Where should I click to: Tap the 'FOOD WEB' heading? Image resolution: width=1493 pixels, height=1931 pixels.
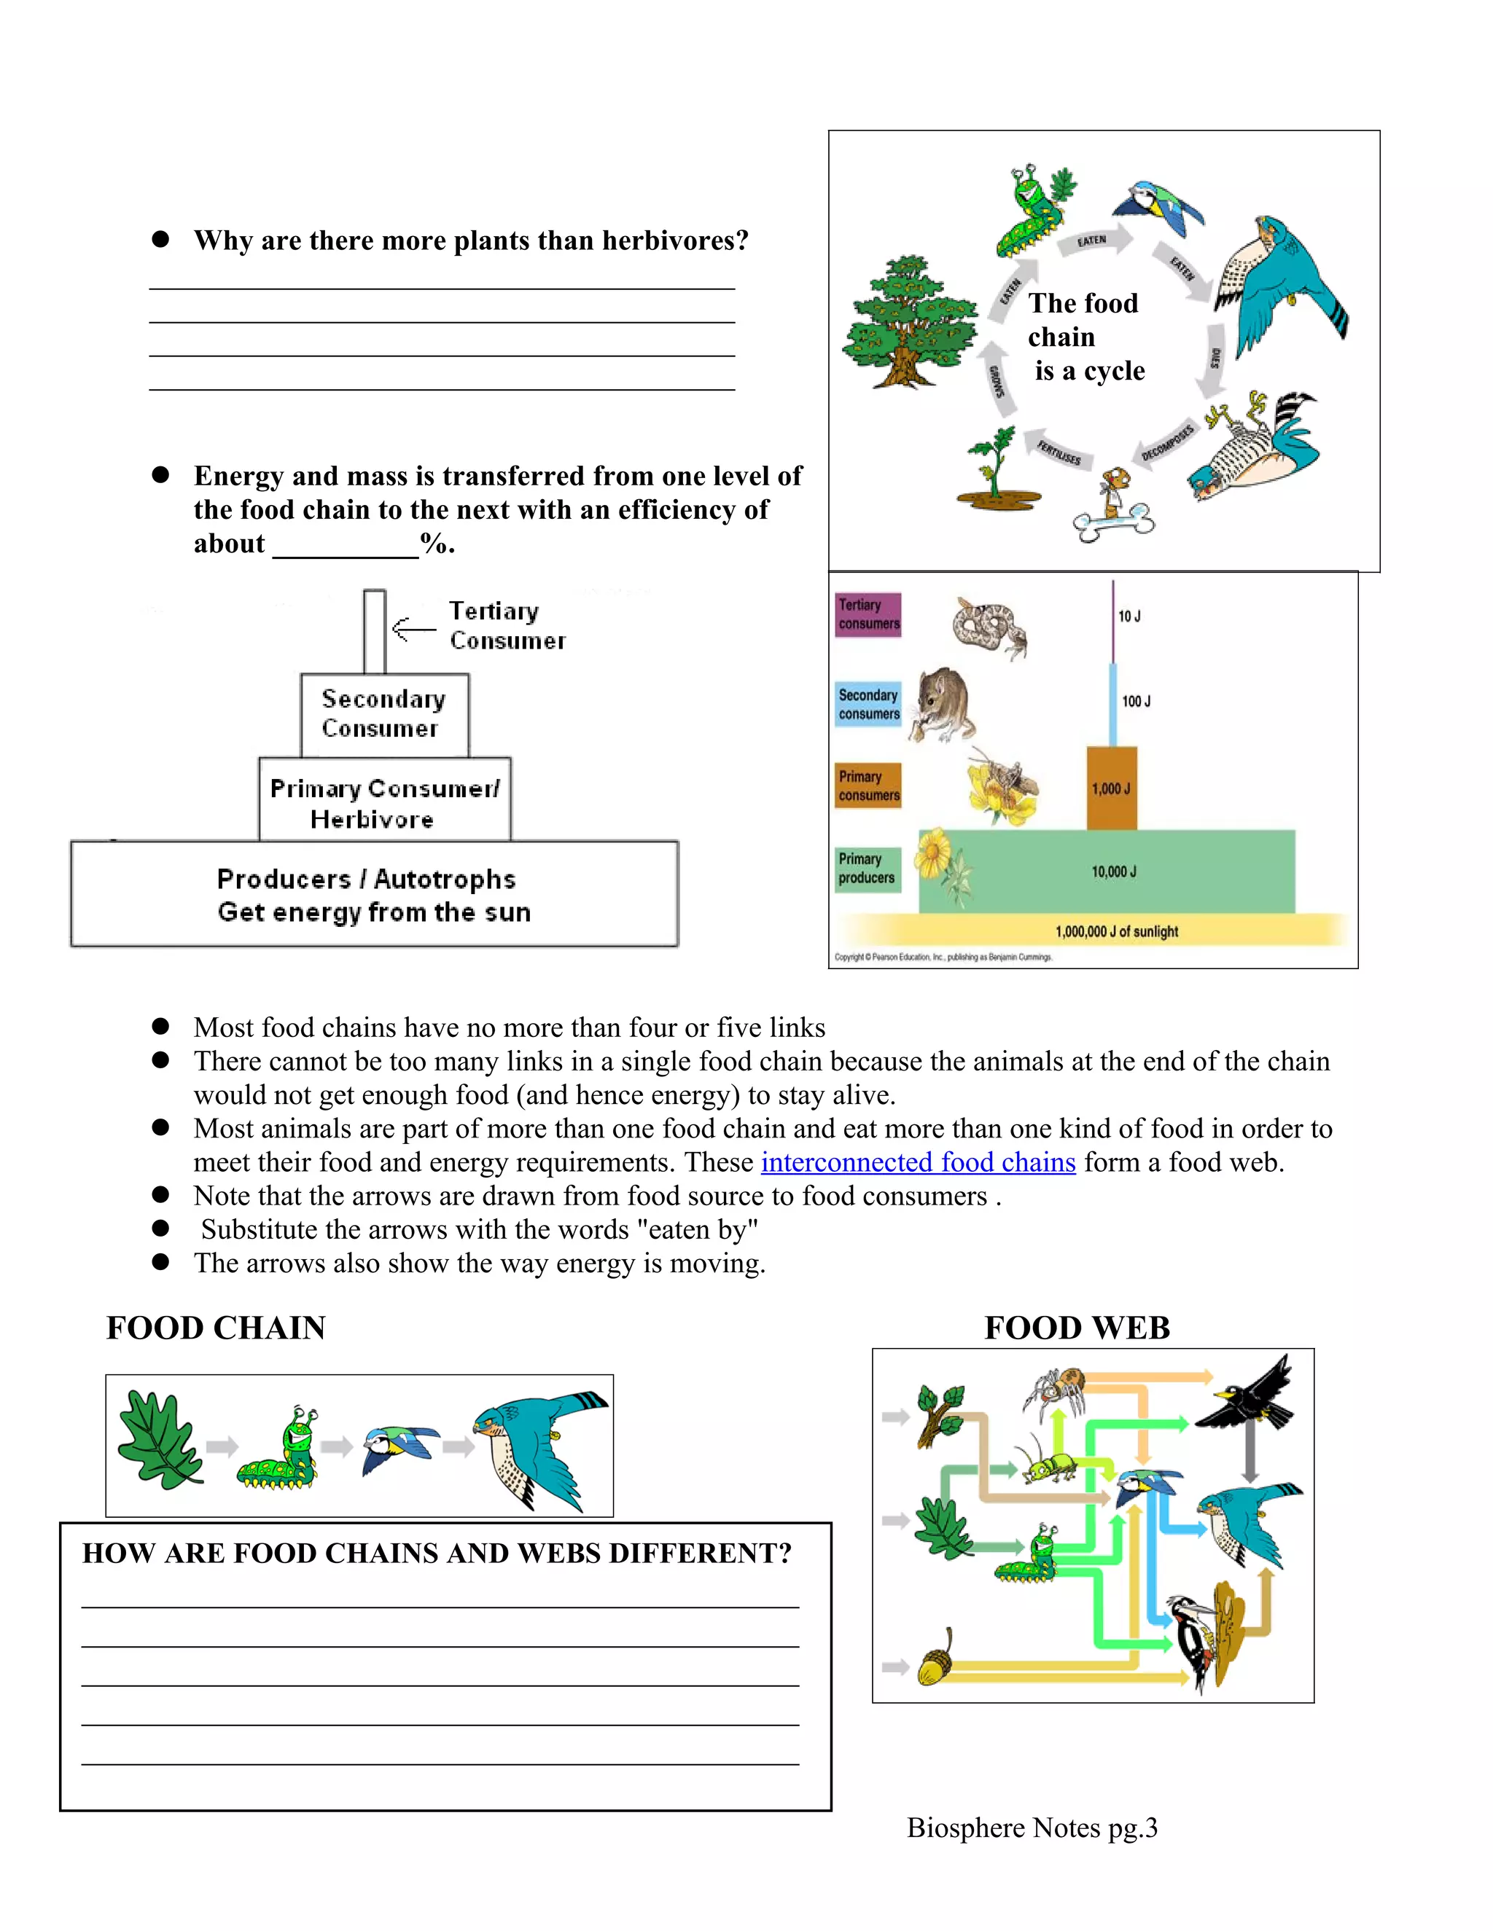(x=1077, y=1328)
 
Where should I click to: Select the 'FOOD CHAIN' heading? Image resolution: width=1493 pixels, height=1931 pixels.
(x=216, y=1328)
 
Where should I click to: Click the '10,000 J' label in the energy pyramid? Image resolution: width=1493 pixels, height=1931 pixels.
(x=1114, y=872)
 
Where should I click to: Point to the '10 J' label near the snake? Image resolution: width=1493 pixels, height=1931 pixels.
(x=1128, y=616)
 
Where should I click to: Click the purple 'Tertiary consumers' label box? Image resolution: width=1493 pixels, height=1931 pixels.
(x=868, y=614)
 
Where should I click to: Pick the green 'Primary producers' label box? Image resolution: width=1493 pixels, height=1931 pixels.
(x=867, y=869)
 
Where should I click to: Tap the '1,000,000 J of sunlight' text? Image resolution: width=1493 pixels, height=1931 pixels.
(x=1116, y=931)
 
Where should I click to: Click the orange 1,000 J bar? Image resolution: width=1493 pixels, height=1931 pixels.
(x=1111, y=788)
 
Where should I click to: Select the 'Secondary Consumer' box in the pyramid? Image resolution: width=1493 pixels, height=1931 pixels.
(x=384, y=714)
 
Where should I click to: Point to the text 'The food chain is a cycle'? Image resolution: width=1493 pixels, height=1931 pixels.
(x=1085, y=337)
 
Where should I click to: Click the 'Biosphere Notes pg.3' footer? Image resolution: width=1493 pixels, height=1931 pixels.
(x=1032, y=1828)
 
